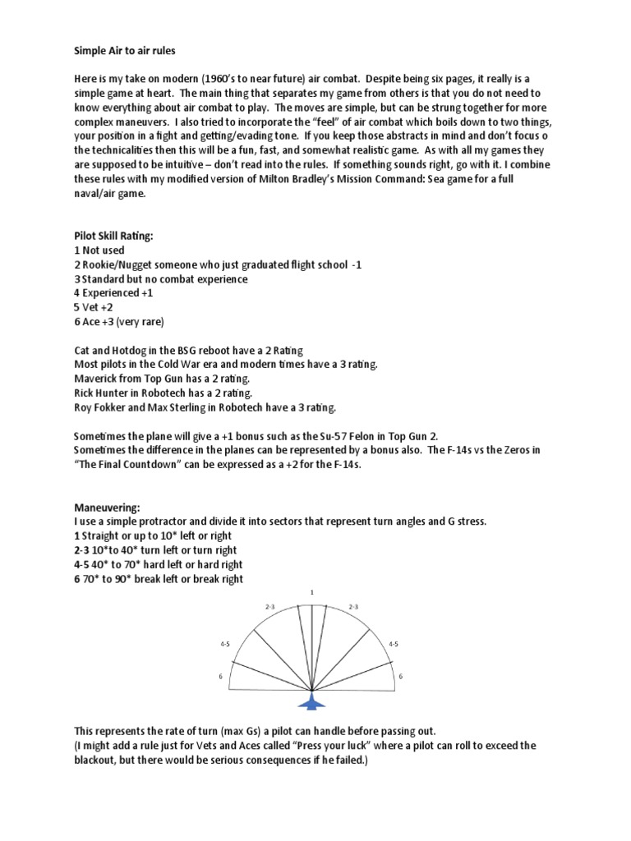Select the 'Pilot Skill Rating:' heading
coord(113,236)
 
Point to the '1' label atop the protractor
coord(312,591)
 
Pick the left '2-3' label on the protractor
coord(269,606)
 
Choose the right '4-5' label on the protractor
coord(393,645)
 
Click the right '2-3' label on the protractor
coord(354,606)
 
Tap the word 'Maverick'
coord(99,378)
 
